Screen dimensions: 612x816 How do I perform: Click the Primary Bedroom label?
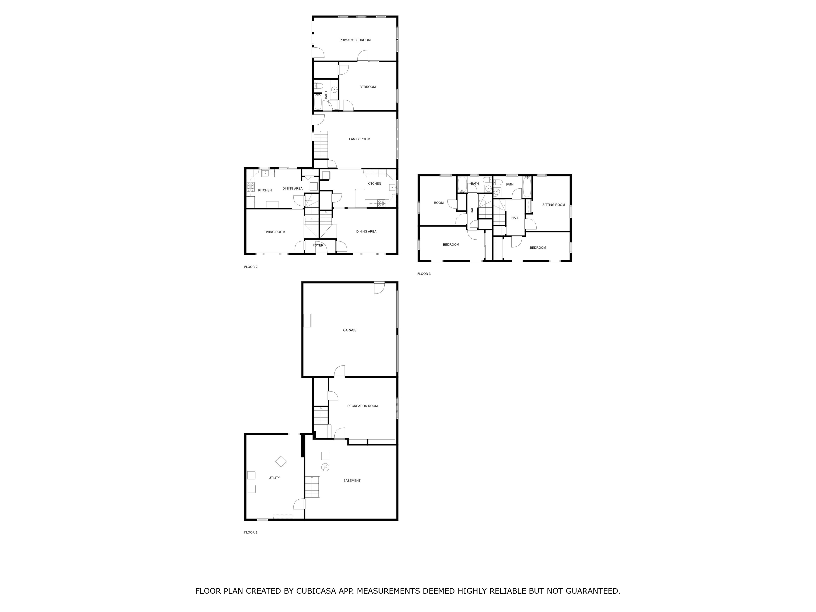(355, 40)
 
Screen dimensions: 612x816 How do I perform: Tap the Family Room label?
(359, 139)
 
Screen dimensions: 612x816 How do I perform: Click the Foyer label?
(318, 245)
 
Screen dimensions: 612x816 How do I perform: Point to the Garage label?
(349, 330)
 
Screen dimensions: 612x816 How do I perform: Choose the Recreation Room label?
(362, 406)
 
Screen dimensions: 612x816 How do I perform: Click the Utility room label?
(274, 478)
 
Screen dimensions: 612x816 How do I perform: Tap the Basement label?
(352, 481)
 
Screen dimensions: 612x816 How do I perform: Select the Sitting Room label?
(553, 205)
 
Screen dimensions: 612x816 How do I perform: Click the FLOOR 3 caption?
(424, 274)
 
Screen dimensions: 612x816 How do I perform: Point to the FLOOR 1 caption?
(250, 532)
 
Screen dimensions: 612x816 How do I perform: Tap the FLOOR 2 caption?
(250, 267)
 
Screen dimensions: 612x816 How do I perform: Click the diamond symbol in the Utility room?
(281, 461)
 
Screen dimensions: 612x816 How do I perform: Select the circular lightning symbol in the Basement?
(325, 467)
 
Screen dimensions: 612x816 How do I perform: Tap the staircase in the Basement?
(312, 487)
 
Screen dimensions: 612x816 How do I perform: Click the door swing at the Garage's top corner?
(380, 288)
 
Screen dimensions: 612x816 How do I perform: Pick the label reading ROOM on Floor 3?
(439, 202)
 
